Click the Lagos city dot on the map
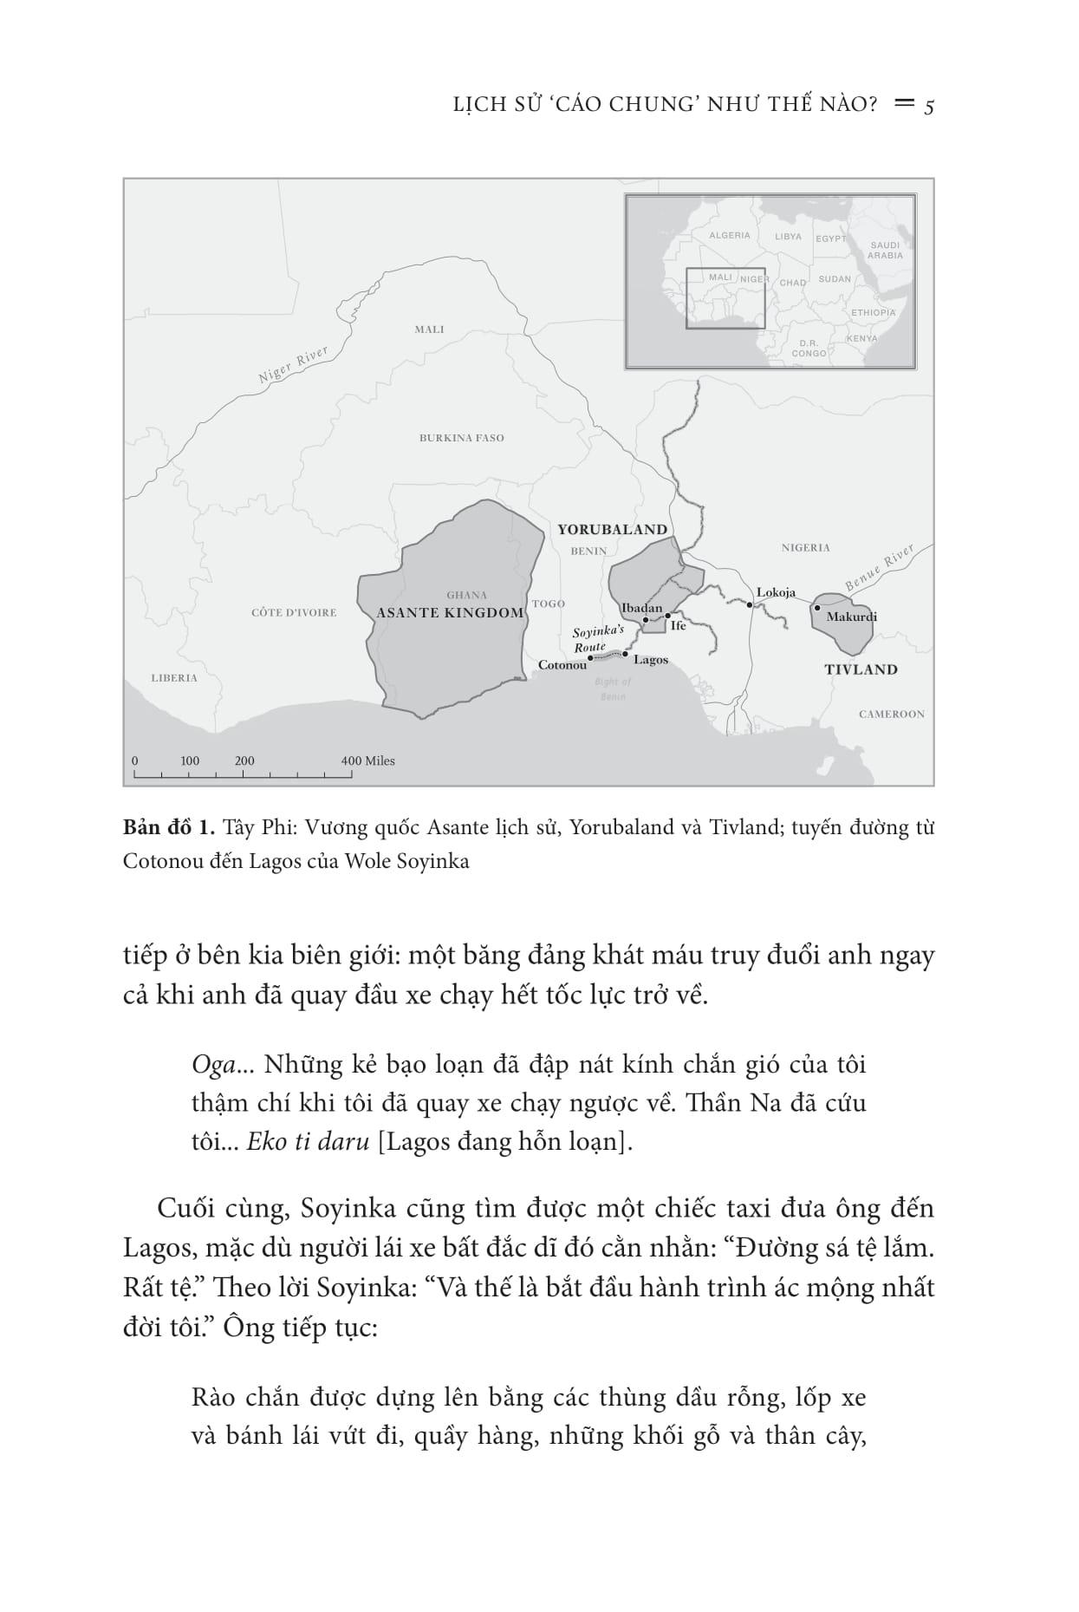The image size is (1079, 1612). [x=624, y=654]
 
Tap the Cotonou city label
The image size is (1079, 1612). [x=562, y=665]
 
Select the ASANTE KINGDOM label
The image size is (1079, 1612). [x=450, y=613]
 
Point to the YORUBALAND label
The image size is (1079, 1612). [x=612, y=529]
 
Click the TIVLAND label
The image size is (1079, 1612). [x=860, y=669]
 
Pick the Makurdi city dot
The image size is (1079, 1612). [x=816, y=609]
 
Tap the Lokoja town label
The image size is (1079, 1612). [x=775, y=593]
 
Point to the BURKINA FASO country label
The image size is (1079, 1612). [x=461, y=438]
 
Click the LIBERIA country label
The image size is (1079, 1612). [x=173, y=678]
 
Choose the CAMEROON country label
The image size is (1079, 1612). [x=891, y=715]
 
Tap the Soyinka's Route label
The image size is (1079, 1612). [x=597, y=639]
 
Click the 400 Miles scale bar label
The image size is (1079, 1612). [x=367, y=761]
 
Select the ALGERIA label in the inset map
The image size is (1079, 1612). [x=729, y=236]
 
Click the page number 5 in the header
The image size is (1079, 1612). [x=928, y=107]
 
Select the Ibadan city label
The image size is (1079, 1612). [x=641, y=608]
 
